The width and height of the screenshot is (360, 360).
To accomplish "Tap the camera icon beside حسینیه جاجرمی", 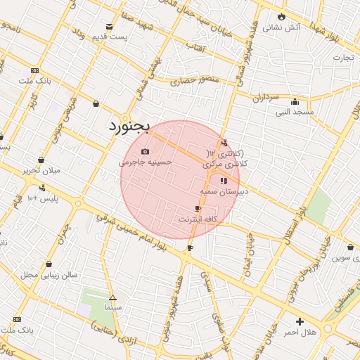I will [145, 152].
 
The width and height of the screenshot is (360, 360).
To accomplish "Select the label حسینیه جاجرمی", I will [146, 162].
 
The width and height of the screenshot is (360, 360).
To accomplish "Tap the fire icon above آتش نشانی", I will [282, 17].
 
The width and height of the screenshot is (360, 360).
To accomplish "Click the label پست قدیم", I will [120, 37].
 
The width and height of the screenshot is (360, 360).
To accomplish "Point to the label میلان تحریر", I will [41, 170].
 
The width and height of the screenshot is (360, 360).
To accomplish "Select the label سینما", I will [112, 307].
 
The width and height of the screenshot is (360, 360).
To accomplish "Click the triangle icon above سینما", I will [112, 297].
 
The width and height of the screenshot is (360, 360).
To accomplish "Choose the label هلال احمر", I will [300, 331].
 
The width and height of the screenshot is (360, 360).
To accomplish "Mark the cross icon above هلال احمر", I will [300, 321].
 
